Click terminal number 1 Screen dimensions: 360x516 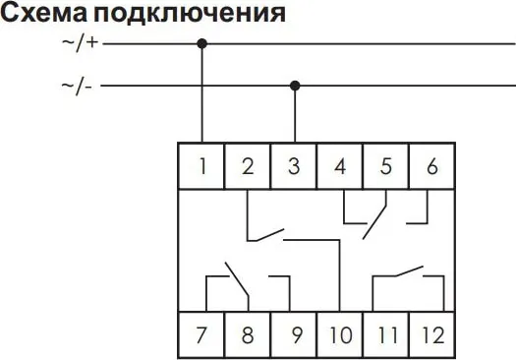click(202, 166)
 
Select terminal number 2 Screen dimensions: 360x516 click(248, 166)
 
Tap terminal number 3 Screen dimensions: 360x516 click(294, 166)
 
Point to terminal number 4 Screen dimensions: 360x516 click(340, 166)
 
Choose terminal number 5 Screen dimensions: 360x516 click(385, 166)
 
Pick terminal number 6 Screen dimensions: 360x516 click(430, 166)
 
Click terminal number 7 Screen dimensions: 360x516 click(202, 334)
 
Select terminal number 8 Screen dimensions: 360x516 click(248, 334)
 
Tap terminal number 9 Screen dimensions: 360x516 click(294, 334)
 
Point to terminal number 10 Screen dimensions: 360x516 click(340, 334)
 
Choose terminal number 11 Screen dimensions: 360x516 click(385, 334)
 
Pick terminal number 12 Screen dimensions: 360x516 click(430, 334)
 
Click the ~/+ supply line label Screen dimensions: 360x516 click(79, 44)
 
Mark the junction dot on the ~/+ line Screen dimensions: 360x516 click(202, 43)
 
